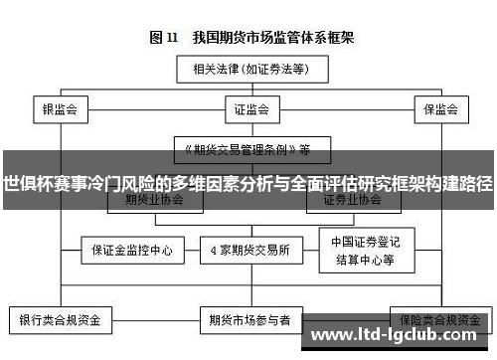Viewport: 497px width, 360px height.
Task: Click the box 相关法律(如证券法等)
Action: pos(248,70)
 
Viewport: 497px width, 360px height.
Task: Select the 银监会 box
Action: pos(60,107)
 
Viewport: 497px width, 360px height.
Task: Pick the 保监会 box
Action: pos(438,107)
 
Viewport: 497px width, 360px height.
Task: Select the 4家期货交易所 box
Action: pos(248,248)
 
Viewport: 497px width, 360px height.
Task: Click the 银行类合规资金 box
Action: pos(61,321)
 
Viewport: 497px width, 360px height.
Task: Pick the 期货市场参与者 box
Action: pos(248,321)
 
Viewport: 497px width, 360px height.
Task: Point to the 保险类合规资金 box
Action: pos(436,321)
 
